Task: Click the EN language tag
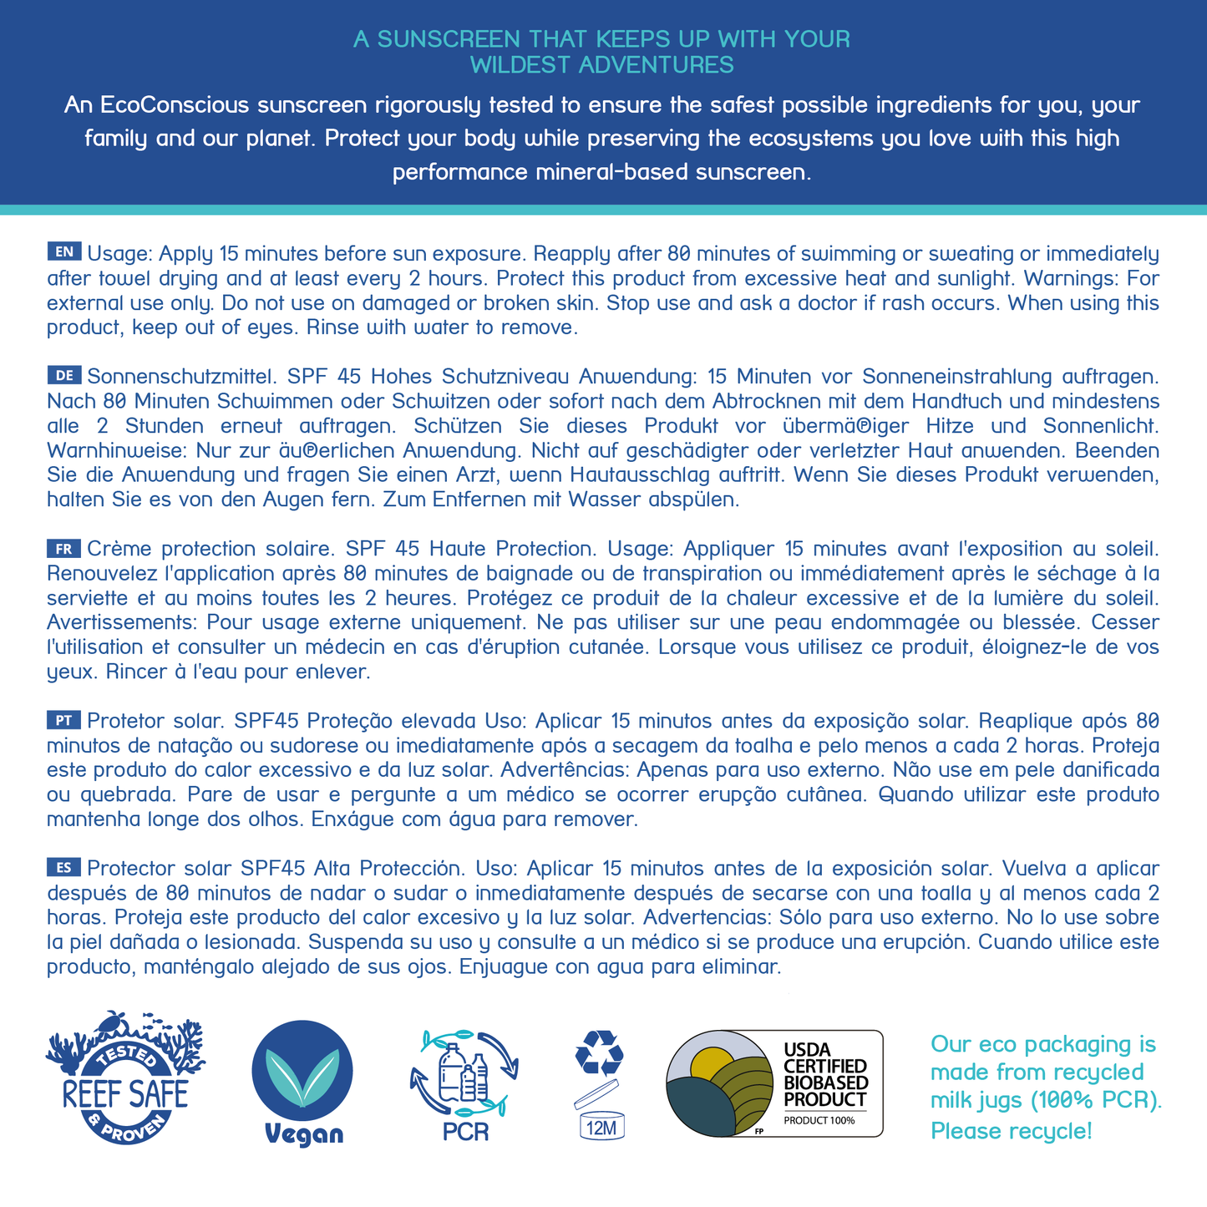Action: coord(64,251)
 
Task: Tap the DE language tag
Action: coord(64,374)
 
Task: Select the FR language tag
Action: coord(64,548)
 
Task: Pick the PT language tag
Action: coord(64,719)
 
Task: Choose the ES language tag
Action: coord(64,867)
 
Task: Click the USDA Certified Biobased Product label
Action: coord(774,1083)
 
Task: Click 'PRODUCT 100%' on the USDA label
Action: coord(819,1120)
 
